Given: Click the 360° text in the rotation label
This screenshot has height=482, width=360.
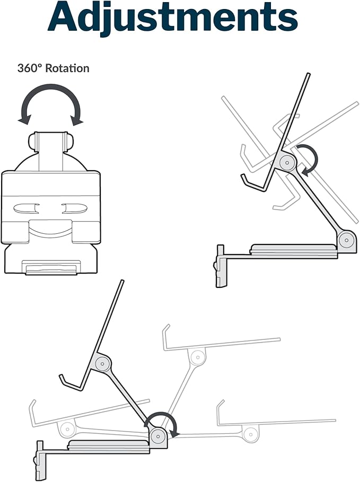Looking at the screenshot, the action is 29,68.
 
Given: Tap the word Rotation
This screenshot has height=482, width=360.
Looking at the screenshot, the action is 67,68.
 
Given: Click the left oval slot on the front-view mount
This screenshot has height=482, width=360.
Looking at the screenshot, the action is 26,209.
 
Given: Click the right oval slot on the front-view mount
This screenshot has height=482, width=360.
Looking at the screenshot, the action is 75,209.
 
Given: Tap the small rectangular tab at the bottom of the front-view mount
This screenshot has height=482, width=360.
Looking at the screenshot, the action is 51,268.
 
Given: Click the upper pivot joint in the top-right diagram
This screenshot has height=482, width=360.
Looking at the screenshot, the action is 287,161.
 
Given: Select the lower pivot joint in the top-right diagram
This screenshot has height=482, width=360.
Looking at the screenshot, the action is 347,239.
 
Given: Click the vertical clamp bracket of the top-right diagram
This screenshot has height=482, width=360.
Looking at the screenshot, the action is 221,266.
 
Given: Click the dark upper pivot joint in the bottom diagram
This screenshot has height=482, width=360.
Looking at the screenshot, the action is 101,364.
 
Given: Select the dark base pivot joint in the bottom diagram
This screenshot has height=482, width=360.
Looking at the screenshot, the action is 159,435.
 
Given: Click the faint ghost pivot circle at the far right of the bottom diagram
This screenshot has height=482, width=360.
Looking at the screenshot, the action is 251,435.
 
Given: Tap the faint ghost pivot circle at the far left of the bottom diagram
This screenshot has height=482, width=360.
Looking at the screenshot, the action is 67,428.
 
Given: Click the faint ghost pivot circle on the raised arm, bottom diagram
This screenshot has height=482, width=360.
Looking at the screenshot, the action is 198,357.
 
